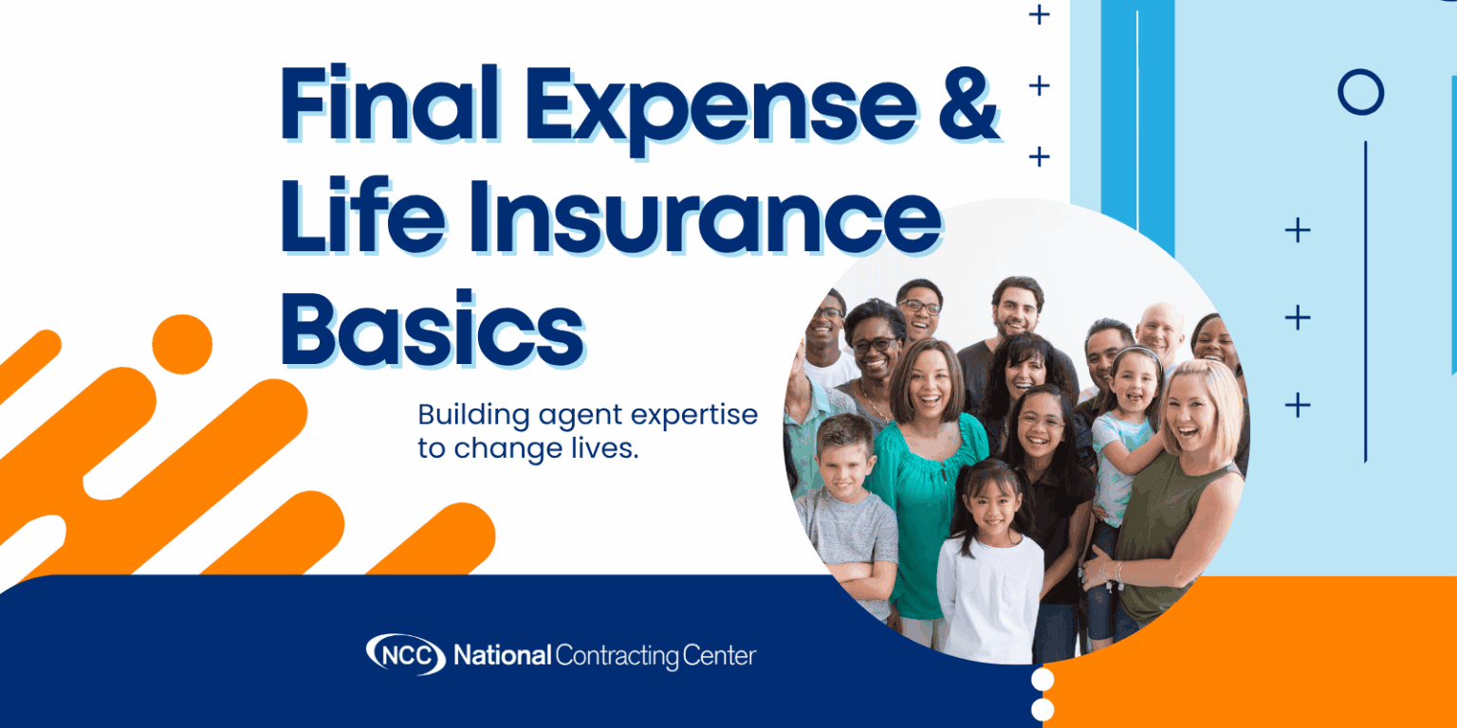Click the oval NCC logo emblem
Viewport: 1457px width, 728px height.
(x=405, y=653)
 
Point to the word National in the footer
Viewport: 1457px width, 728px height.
(x=502, y=654)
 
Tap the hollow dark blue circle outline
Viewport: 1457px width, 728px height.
(x=1360, y=93)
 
